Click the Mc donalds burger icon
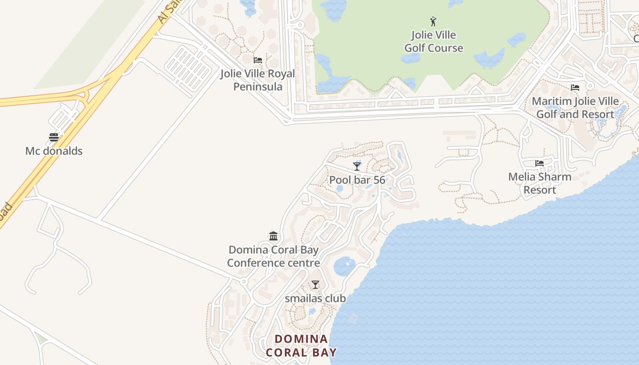54,137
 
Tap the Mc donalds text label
54,151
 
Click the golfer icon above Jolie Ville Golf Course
433,21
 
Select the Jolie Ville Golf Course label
434,42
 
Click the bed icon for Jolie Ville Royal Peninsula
258,60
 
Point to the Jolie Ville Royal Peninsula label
258,80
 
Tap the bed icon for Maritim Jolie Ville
575,88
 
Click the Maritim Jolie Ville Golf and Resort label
575,108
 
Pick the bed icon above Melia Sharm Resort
539,163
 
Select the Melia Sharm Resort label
539,183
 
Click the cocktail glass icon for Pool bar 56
357,166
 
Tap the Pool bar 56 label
357,180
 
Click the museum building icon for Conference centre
273,236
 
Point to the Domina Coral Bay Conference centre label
273,256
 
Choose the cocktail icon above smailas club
315,285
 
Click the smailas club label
315,298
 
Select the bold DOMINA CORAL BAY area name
301,346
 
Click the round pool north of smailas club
344,266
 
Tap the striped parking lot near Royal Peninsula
188,68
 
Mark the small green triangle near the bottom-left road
42,339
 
